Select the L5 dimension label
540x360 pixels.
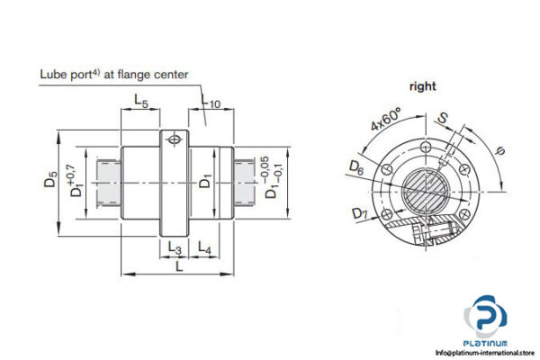coord(141,103)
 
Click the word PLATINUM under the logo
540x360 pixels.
coord(492,341)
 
